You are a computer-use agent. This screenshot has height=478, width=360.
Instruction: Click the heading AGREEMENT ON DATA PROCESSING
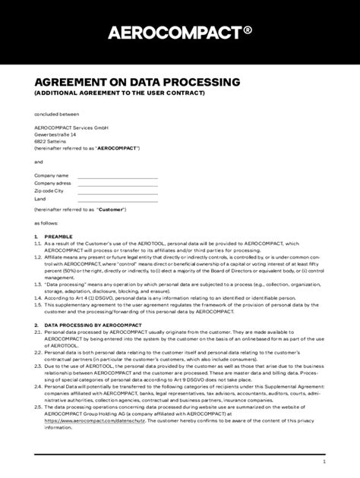click(137, 81)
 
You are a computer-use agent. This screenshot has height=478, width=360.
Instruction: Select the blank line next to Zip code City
click(118, 191)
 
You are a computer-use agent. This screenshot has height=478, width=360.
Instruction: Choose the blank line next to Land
click(118, 199)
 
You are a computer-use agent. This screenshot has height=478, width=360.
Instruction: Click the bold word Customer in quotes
click(112, 209)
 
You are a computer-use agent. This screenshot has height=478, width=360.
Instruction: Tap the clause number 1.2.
click(38, 258)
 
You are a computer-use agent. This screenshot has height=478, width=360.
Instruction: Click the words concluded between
click(56, 115)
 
